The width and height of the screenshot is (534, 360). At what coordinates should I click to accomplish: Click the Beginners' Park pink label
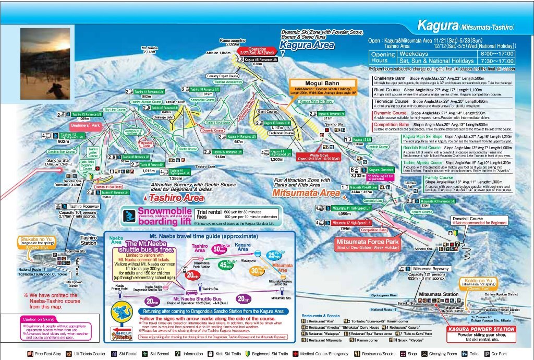point(84,126)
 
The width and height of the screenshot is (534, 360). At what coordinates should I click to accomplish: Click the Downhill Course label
point(468,219)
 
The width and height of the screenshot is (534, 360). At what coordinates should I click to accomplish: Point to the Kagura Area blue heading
point(299,45)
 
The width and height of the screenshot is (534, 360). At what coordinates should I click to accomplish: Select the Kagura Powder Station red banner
point(482,329)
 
